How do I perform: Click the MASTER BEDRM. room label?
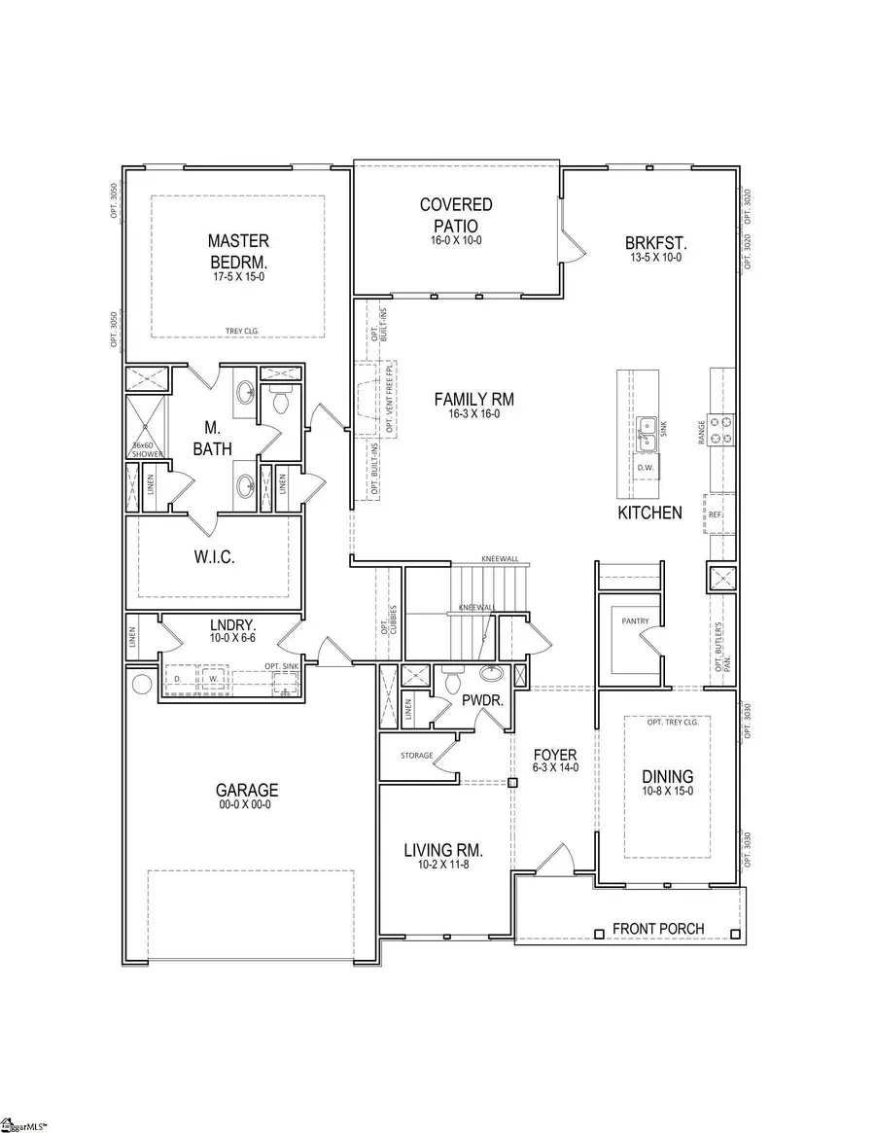pyautogui.click(x=238, y=250)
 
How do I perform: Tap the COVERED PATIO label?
pyautogui.click(x=456, y=214)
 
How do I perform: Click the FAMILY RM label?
pyautogui.click(x=473, y=399)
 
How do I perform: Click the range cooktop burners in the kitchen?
pyautogui.click(x=720, y=429)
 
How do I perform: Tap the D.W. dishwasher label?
pyautogui.click(x=645, y=468)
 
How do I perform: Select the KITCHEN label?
pyautogui.click(x=650, y=513)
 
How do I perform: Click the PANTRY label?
pyautogui.click(x=622, y=620)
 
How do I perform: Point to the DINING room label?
pyautogui.click(x=667, y=776)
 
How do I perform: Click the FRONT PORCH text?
pyautogui.click(x=658, y=929)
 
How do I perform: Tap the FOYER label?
pyautogui.click(x=555, y=754)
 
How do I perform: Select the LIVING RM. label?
pyautogui.click(x=443, y=851)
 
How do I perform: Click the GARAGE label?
pyautogui.click(x=247, y=791)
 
